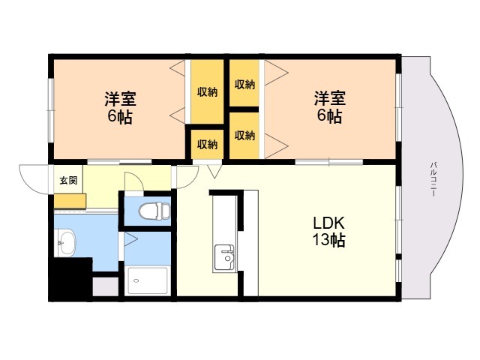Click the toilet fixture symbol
click(154, 211)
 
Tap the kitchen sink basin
click(225, 257)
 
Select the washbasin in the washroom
click(66, 243)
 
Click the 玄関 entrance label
click(68, 181)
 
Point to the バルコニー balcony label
click(433, 179)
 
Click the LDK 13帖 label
click(328, 232)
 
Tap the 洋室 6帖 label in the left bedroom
click(120, 108)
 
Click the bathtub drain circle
click(136, 280)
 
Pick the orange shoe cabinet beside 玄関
click(70, 201)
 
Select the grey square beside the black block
click(105, 286)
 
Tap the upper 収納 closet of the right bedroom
click(244, 83)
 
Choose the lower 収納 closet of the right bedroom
click(244, 135)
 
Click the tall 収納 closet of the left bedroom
click(207, 91)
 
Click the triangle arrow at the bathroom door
click(130, 239)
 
